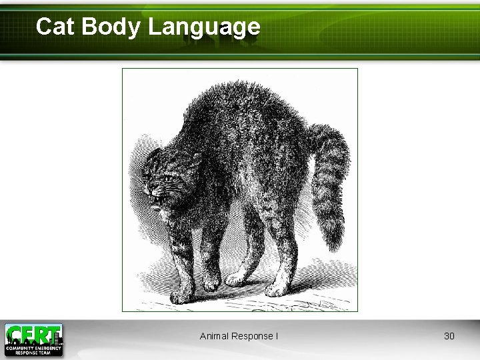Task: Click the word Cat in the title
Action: [x=53, y=27]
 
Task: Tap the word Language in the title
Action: [x=204, y=27]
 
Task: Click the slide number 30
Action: [x=449, y=336]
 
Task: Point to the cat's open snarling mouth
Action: [x=157, y=198]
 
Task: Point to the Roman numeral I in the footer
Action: [x=277, y=336]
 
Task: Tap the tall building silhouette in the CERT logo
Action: [x=59, y=331]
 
